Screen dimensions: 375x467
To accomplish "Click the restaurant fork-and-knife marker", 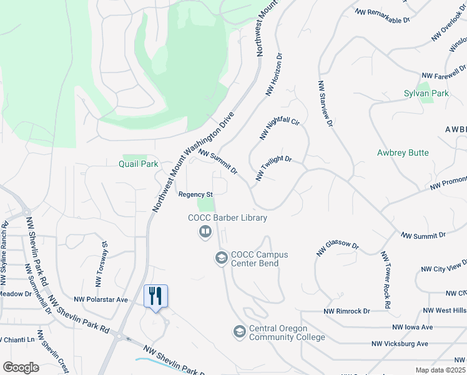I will coord(155,296).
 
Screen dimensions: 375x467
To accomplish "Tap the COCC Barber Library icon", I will coord(204,232).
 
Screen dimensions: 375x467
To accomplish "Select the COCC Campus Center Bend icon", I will coord(221,257).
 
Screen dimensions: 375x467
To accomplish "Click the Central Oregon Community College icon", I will coord(239,332).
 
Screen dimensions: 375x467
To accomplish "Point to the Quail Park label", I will coord(138,164).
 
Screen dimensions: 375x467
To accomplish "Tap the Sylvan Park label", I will coord(426,94).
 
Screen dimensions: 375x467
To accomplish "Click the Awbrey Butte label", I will coord(403,152).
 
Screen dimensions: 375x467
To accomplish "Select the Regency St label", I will coord(196,194).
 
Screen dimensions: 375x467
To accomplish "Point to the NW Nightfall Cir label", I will coord(279,129).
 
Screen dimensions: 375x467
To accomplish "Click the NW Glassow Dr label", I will coord(338,249).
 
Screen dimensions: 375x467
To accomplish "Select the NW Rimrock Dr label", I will coord(347,311).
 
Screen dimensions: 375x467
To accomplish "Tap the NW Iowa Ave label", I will coord(413,327).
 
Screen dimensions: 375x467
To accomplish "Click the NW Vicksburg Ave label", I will coord(400,344).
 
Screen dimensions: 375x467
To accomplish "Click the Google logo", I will coord(21,367).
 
